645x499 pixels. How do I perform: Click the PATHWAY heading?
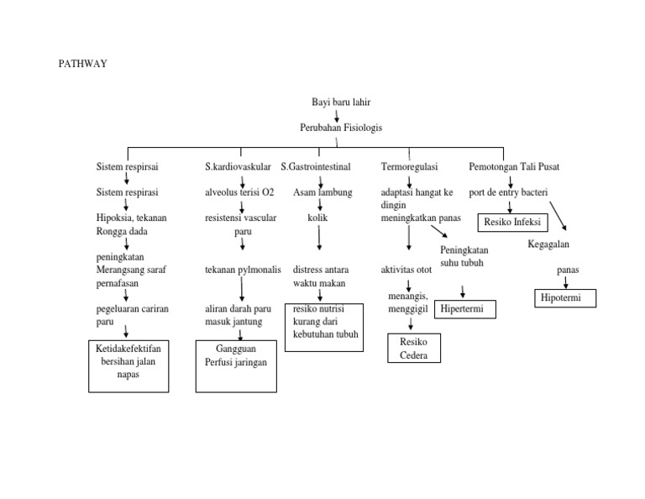83,64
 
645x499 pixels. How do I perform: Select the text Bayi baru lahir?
340,102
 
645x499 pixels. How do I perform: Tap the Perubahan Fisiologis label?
340,128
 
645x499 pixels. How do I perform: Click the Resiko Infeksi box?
512,223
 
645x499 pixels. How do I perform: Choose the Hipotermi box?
565,298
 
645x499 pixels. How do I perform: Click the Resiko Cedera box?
413,349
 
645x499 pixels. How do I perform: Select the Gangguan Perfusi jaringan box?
236,365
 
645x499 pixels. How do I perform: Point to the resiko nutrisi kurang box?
325,327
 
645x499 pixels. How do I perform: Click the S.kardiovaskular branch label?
238,167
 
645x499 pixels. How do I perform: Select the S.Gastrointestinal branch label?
316,167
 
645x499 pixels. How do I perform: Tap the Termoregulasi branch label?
409,167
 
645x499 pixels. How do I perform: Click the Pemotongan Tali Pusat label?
513,167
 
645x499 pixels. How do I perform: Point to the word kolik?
317,217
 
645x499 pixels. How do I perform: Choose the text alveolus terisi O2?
239,192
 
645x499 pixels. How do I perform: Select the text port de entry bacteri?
508,192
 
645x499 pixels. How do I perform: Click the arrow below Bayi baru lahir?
337,115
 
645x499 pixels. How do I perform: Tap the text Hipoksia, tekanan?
132,218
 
